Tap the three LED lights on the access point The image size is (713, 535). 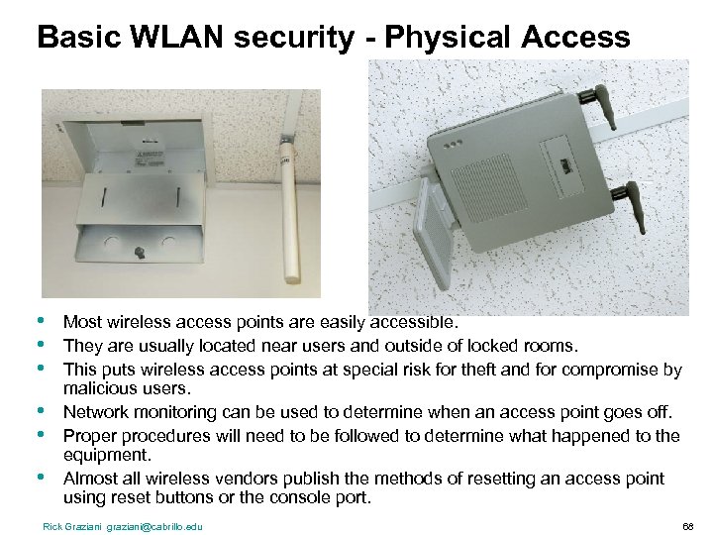pyautogui.click(x=456, y=143)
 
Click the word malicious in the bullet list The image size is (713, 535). pyautogui.click(x=95, y=390)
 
